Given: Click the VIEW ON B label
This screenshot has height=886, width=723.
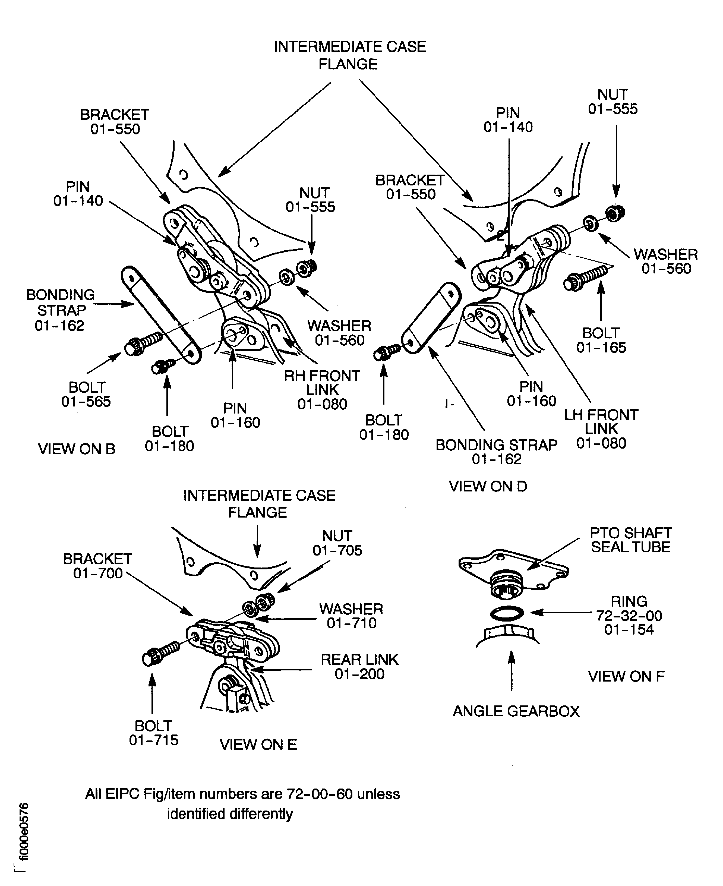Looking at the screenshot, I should tap(76, 449).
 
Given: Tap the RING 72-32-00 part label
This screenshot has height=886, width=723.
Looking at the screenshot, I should tap(629, 615).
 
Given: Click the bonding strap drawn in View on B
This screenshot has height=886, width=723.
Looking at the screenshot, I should tap(161, 315).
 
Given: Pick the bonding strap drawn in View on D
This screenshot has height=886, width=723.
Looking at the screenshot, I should tap(431, 318).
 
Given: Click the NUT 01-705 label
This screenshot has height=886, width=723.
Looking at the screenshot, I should tap(337, 543).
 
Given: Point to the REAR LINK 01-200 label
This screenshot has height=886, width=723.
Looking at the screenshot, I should tap(359, 667).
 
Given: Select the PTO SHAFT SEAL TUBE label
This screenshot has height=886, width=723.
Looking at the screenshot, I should tap(630, 540).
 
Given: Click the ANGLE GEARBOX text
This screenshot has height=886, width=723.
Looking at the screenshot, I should tap(516, 711).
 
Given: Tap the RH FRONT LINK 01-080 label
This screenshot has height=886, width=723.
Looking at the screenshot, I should tap(322, 389).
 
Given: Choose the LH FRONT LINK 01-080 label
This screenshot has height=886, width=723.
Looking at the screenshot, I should tap(601, 429).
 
